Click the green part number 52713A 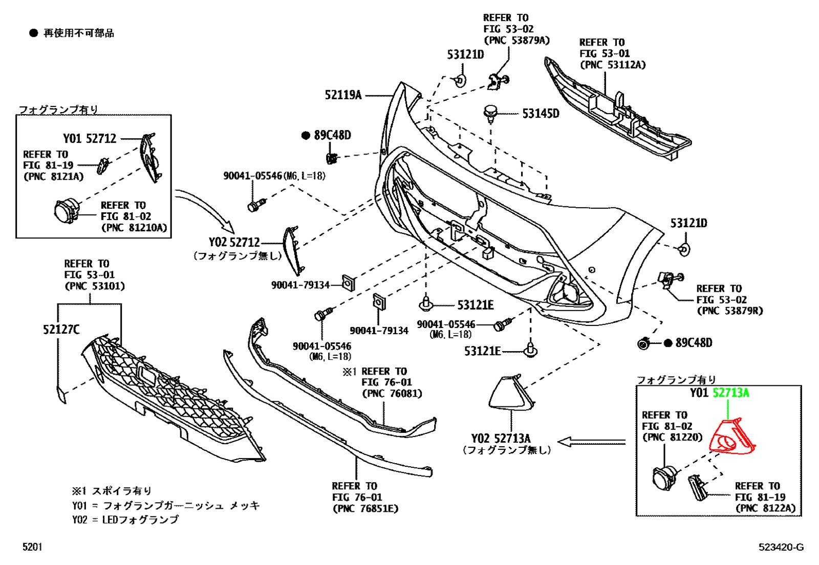[x=731, y=393]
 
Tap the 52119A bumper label [x=343, y=95]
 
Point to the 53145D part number [x=541, y=114]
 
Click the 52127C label [x=61, y=330]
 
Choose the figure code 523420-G [x=781, y=547]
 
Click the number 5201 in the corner [x=33, y=547]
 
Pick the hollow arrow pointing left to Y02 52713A [x=592, y=442]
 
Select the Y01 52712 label [x=90, y=139]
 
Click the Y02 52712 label [x=234, y=242]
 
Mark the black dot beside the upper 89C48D [x=306, y=136]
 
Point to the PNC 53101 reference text [x=95, y=286]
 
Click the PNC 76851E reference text [x=365, y=508]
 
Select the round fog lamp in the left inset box [x=66, y=211]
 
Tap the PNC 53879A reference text [x=516, y=40]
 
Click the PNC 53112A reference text [x=613, y=64]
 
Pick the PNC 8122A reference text [x=765, y=508]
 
